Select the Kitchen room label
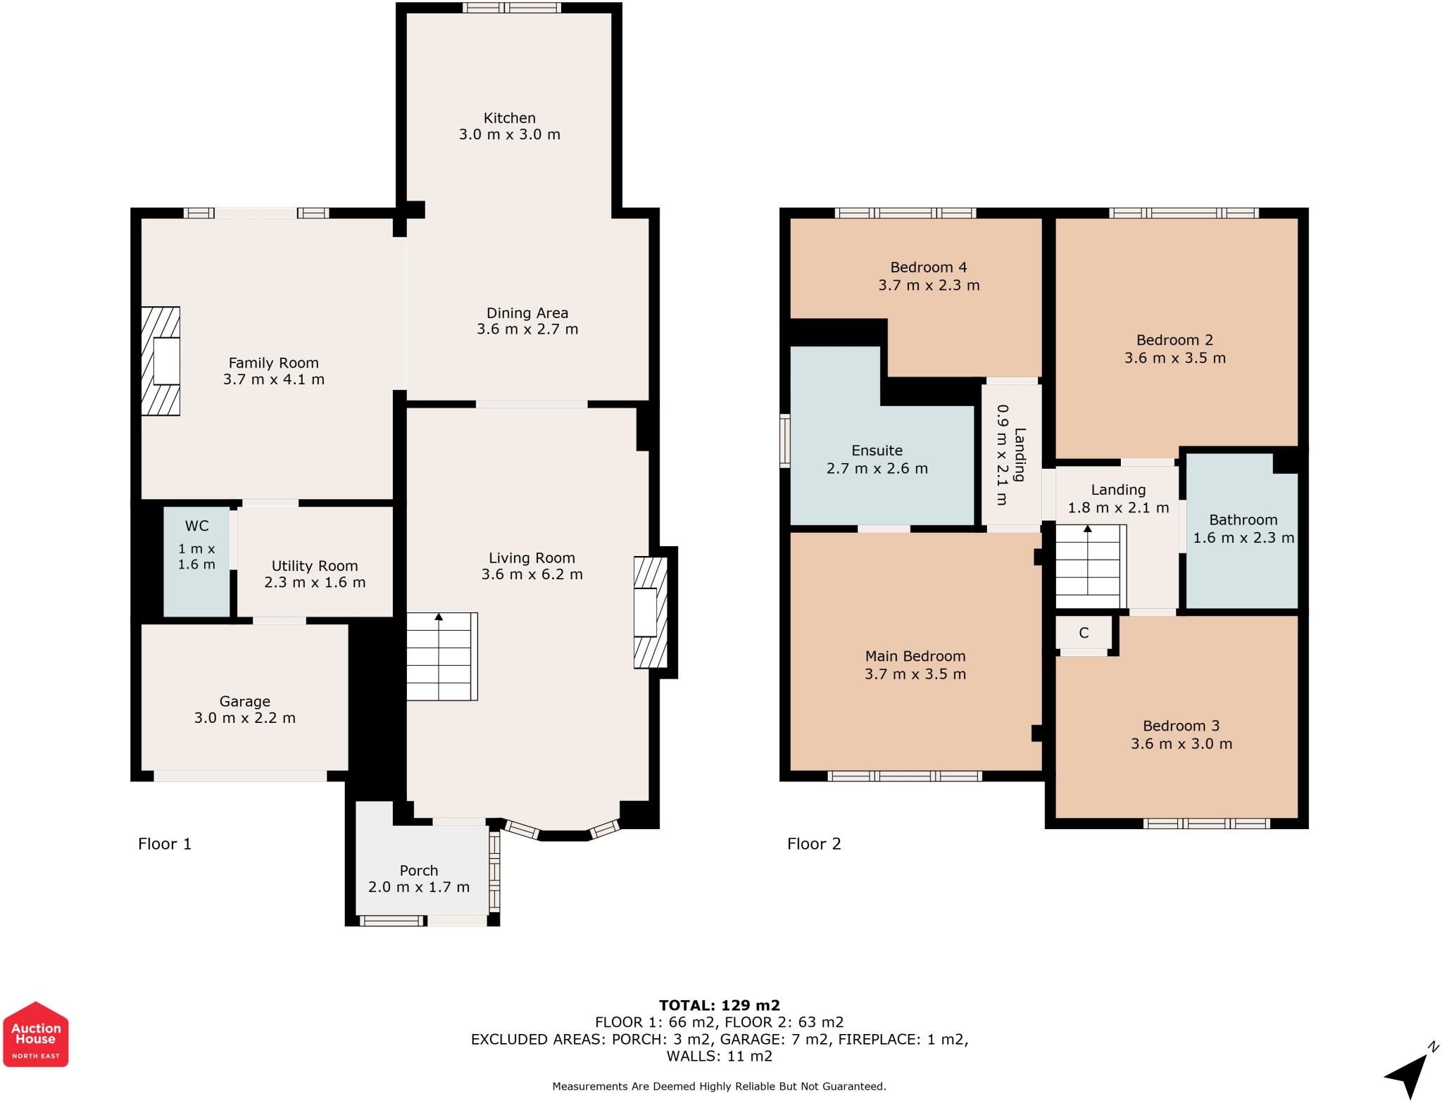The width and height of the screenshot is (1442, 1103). click(510, 118)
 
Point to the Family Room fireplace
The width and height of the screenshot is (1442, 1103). click(161, 361)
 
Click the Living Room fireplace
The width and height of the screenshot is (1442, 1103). click(651, 612)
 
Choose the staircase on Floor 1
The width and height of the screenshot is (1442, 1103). click(442, 656)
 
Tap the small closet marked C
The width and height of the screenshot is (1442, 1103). click(1084, 633)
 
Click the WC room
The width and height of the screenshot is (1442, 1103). click(196, 562)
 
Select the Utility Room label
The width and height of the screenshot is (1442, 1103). click(315, 566)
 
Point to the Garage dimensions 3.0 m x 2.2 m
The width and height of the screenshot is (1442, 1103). click(245, 718)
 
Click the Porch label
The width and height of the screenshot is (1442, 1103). click(419, 871)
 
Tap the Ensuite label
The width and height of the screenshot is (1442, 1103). click(877, 450)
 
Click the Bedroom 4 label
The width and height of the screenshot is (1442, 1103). click(929, 267)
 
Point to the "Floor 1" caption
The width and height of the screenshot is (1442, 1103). click(165, 843)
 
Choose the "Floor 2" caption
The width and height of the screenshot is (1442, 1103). click(814, 843)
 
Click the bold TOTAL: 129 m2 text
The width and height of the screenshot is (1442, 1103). click(720, 1005)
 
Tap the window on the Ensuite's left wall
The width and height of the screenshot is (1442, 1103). click(785, 441)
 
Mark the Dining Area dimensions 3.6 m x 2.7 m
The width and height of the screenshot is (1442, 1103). click(527, 329)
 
